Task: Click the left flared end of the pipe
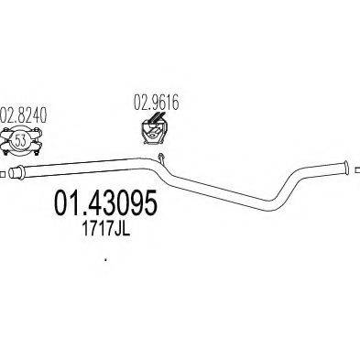(x=18, y=173)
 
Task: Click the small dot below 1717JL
(x=106, y=260)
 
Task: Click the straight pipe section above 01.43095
(x=92, y=169)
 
